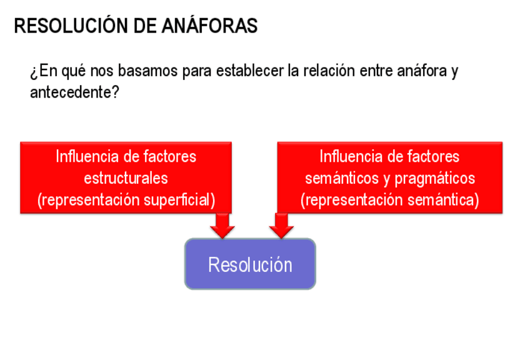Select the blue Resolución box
point(250,264)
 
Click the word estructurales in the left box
point(126,178)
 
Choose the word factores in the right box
point(431,156)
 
